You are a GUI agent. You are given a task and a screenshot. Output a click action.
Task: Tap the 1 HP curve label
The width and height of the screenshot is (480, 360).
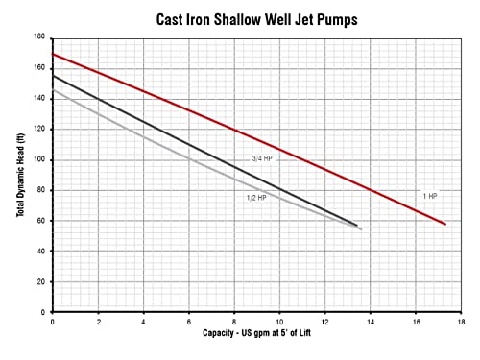pos(430,195)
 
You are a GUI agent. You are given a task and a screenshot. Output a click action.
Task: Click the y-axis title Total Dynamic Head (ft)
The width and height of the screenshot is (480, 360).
pos(20,174)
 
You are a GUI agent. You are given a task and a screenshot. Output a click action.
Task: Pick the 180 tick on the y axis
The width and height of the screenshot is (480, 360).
pos(40,37)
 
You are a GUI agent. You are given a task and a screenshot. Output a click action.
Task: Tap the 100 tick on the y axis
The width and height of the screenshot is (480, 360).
pos(40,159)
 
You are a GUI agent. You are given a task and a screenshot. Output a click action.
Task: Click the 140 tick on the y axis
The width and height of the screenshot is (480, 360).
pos(40,99)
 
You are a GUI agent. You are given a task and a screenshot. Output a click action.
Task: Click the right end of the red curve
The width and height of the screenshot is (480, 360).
pos(445,224)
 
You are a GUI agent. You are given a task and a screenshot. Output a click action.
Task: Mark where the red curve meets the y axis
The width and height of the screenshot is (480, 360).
pos(53,54)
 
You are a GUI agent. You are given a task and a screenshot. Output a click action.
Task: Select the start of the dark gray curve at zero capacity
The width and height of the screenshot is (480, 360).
pos(53,76)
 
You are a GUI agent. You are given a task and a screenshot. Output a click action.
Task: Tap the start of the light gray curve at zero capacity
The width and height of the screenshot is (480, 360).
pos(53,90)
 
